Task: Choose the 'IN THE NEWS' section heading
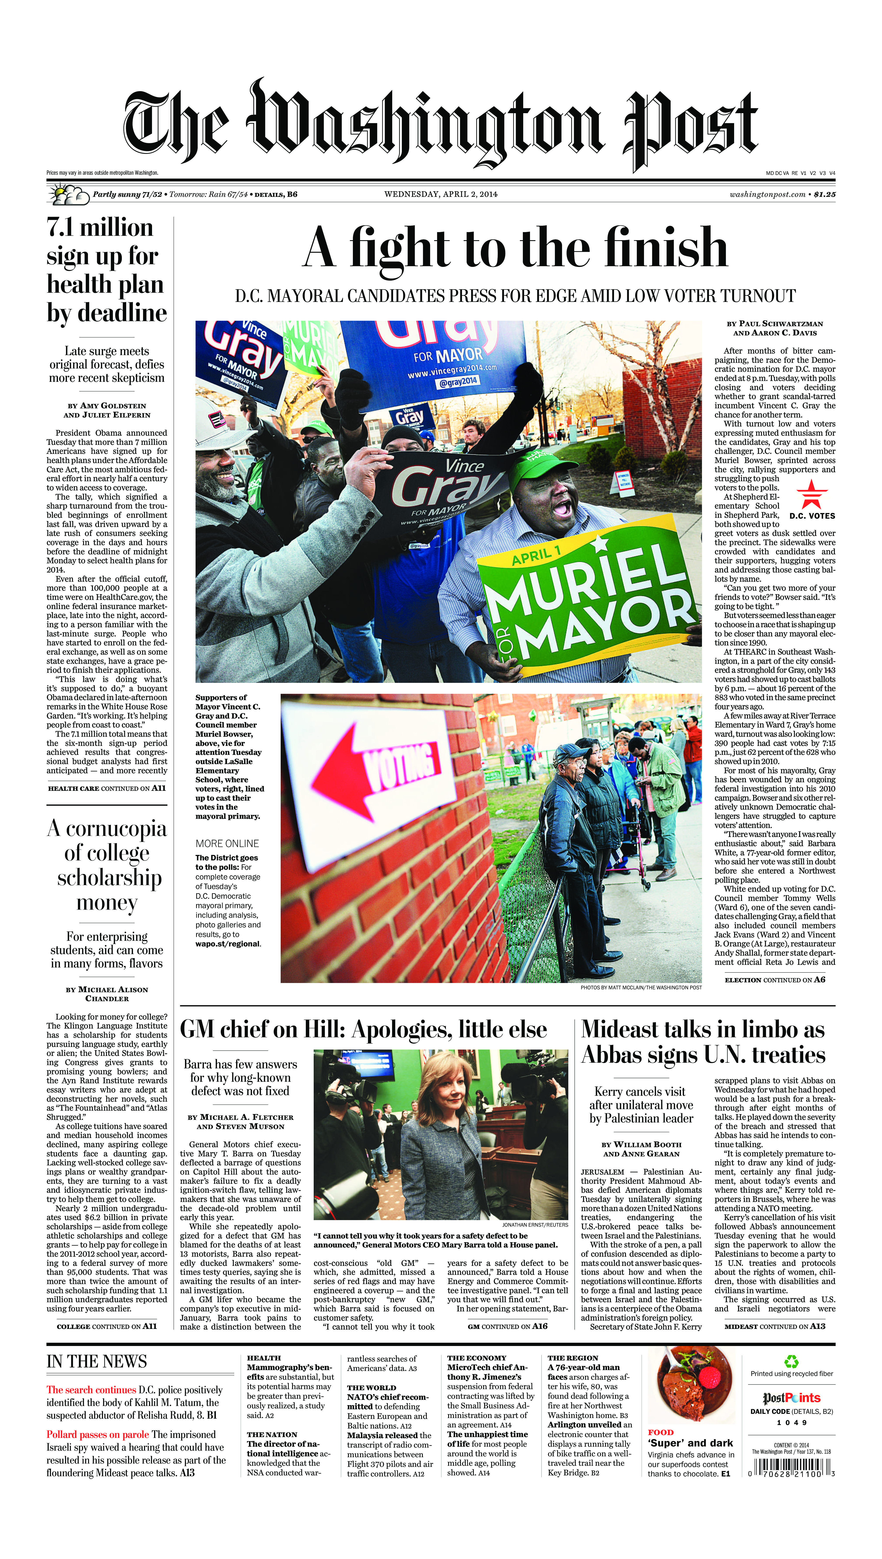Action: [97, 1361]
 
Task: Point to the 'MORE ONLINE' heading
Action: [227, 843]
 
